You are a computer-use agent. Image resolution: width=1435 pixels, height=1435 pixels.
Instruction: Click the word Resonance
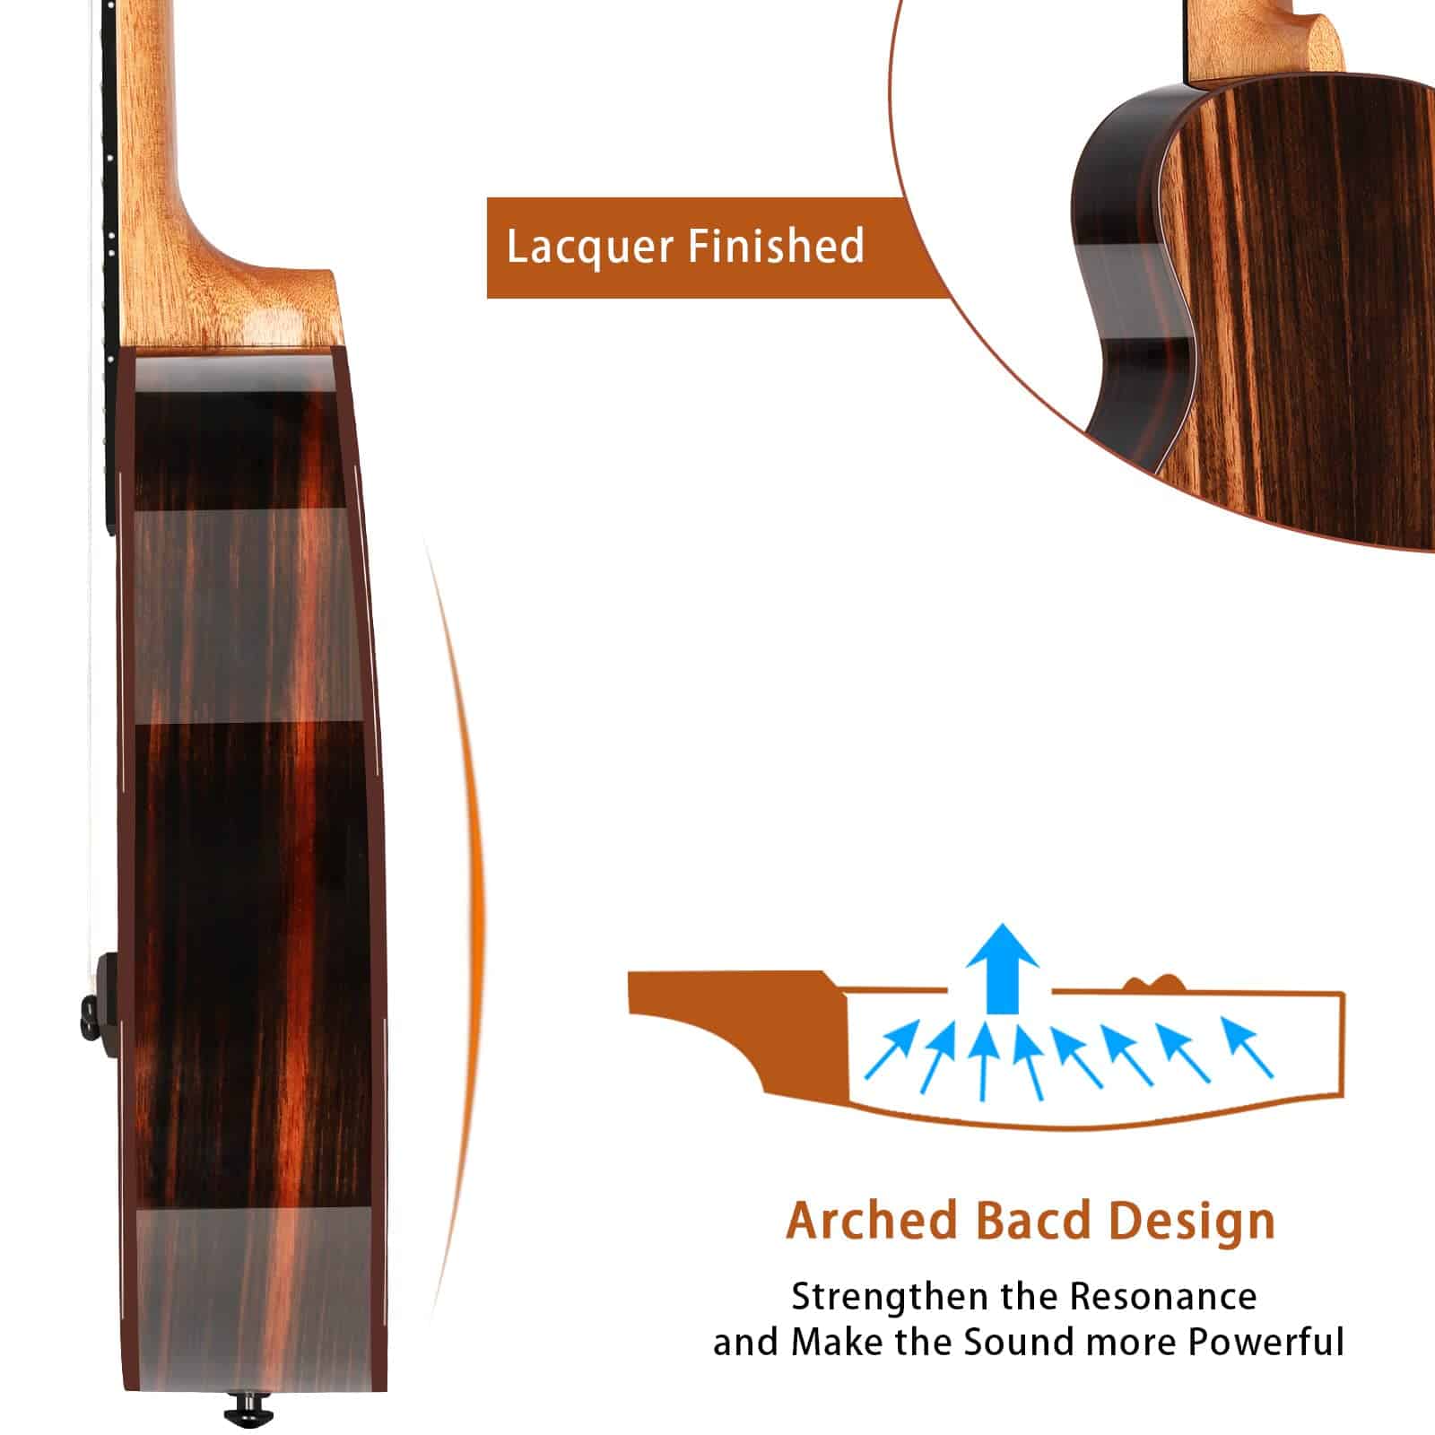[1163, 1297]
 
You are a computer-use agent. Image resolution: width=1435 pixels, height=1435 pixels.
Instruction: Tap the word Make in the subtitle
[829, 1343]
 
